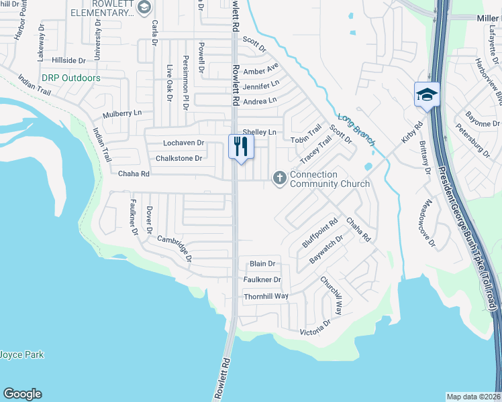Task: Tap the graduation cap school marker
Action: [427, 94]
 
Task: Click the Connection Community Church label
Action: [330, 179]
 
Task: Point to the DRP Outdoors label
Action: [70, 78]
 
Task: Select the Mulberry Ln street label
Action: [123, 113]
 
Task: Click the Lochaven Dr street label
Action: [183, 143]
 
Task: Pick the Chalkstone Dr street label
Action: [179, 158]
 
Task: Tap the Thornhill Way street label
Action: [266, 295]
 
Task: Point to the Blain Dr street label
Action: [262, 264]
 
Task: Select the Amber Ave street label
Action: [261, 70]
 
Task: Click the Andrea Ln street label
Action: [260, 101]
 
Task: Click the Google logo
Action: [22, 394]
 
